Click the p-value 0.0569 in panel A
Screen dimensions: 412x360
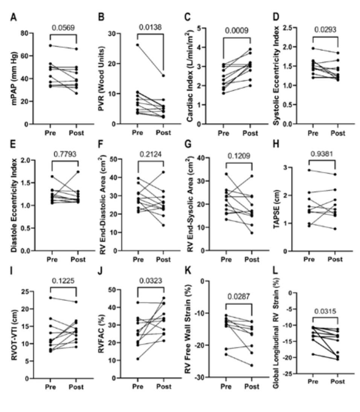63,27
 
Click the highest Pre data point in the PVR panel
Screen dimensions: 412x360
137,45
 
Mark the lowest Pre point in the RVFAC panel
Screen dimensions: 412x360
137,359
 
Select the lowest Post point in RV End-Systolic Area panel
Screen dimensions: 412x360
252,233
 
